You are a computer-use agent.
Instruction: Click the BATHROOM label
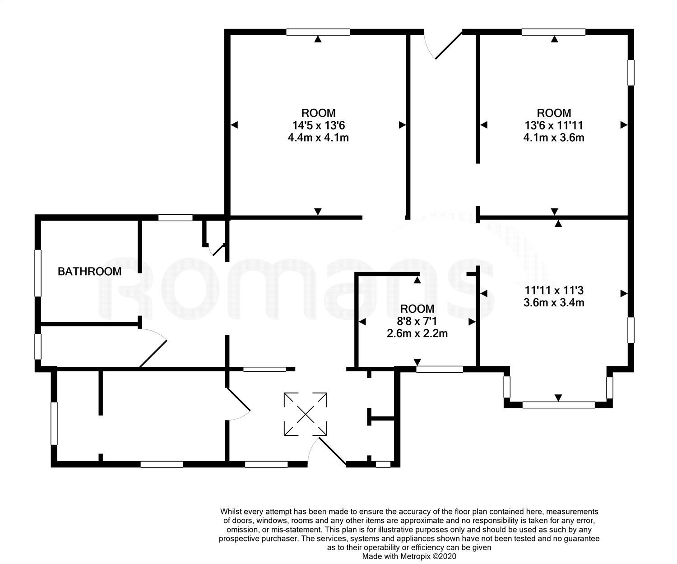pyautogui.click(x=89, y=271)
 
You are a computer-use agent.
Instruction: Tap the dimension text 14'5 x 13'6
pyautogui.click(x=318, y=125)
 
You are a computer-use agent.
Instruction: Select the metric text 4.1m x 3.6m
pyautogui.click(x=554, y=138)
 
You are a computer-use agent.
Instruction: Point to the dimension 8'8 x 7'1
pyautogui.click(x=417, y=321)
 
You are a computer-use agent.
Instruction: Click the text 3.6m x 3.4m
pyautogui.click(x=554, y=302)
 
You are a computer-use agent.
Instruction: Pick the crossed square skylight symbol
pyautogui.click(x=306, y=414)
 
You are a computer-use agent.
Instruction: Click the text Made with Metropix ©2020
pyautogui.click(x=409, y=556)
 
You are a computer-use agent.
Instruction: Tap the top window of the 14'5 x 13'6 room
pyautogui.click(x=318, y=32)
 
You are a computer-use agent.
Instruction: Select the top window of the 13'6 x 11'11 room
pyautogui.click(x=553, y=32)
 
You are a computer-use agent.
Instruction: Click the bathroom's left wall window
pyautogui.click(x=38, y=273)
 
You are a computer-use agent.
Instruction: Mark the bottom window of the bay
pyautogui.click(x=559, y=405)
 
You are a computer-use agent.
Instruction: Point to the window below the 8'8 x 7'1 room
pyautogui.click(x=440, y=369)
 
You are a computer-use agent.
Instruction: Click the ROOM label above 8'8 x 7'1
pyautogui.click(x=417, y=309)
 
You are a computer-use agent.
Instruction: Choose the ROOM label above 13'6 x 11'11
pyautogui.click(x=554, y=113)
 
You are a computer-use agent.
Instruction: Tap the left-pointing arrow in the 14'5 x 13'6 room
pyautogui.click(x=234, y=125)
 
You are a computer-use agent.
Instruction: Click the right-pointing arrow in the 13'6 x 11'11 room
pyautogui.click(x=624, y=125)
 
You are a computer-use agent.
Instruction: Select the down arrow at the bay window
pyautogui.click(x=558, y=398)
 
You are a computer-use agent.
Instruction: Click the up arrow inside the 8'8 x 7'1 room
pyautogui.click(x=417, y=280)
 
